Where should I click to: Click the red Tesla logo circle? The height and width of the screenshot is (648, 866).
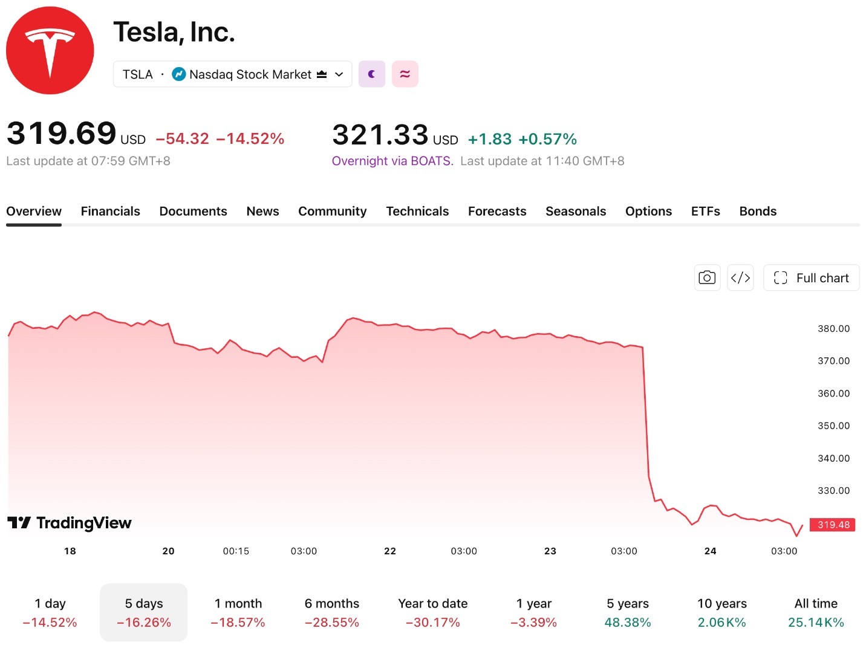[50, 50]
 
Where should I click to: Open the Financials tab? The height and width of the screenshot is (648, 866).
[111, 212]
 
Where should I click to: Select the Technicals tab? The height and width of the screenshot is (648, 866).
[417, 212]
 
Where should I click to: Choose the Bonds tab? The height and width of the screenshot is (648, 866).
[758, 212]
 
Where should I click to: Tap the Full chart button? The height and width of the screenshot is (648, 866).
[811, 278]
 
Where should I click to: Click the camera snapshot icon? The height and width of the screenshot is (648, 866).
[707, 278]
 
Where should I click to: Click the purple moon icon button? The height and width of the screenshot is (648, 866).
[372, 74]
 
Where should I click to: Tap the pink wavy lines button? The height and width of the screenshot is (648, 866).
[405, 74]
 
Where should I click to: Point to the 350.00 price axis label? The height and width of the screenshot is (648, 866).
[834, 426]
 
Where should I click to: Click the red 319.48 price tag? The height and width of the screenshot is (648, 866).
[833, 525]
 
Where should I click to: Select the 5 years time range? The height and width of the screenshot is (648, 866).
[628, 612]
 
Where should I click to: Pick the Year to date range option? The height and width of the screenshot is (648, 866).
[433, 612]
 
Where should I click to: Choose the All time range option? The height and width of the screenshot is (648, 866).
[816, 612]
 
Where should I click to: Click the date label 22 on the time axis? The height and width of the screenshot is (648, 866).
[390, 551]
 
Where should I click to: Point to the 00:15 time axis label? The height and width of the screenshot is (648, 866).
[236, 551]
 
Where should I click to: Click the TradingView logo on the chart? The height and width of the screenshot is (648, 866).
[70, 523]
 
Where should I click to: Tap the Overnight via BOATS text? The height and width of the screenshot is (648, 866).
[392, 161]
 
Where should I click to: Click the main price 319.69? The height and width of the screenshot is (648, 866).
[61, 133]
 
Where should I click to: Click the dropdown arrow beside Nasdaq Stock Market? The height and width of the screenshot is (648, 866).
[339, 74]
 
